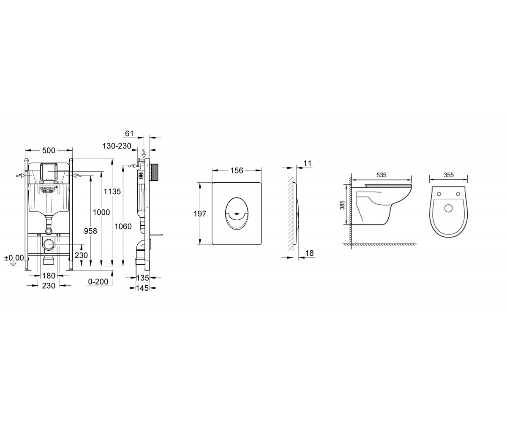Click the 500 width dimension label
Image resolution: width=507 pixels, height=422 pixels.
(x=49, y=150)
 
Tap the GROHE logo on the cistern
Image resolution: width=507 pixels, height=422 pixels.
(x=49, y=189)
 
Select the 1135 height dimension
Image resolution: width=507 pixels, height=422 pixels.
(x=112, y=191)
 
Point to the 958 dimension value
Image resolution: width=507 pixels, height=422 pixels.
(x=90, y=231)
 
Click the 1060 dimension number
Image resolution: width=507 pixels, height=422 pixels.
(x=123, y=227)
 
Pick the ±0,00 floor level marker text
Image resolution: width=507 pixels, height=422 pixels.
(x=14, y=257)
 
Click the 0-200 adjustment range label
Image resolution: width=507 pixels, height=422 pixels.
(x=98, y=281)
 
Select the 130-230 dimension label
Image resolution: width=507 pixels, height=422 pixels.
(x=117, y=146)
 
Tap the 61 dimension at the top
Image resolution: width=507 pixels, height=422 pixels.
(x=129, y=133)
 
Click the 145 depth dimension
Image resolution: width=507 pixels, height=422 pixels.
(x=142, y=288)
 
